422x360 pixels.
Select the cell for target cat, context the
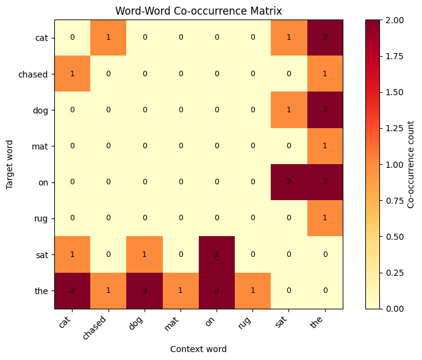pyautogui.click(x=325, y=37)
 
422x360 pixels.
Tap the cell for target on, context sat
pyautogui.click(x=289, y=182)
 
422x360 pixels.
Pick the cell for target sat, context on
pyautogui.click(x=217, y=254)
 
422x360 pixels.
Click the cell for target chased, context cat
pyautogui.click(x=73, y=73)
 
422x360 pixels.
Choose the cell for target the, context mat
pyautogui.click(x=181, y=290)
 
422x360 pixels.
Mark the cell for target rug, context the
pyautogui.click(x=325, y=218)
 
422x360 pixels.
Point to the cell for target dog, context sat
pyautogui.click(x=289, y=110)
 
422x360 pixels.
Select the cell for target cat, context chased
pyautogui.click(x=109, y=37)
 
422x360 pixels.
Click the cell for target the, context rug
pyautogui.click(x=253, y=290)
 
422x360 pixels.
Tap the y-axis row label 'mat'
pyautogui.click(x=41, y=146)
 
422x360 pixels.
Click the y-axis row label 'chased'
pyautogui.click(x=35, y=73)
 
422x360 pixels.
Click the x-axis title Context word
pyautogui.click(x=199, y=349)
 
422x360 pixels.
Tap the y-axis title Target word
pyautogui.click(x=10, y=164)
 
